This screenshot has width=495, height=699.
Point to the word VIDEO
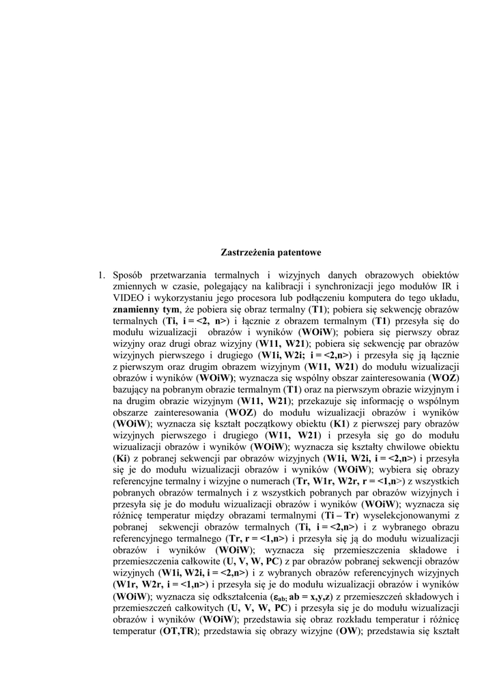click(x=128, y=298)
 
